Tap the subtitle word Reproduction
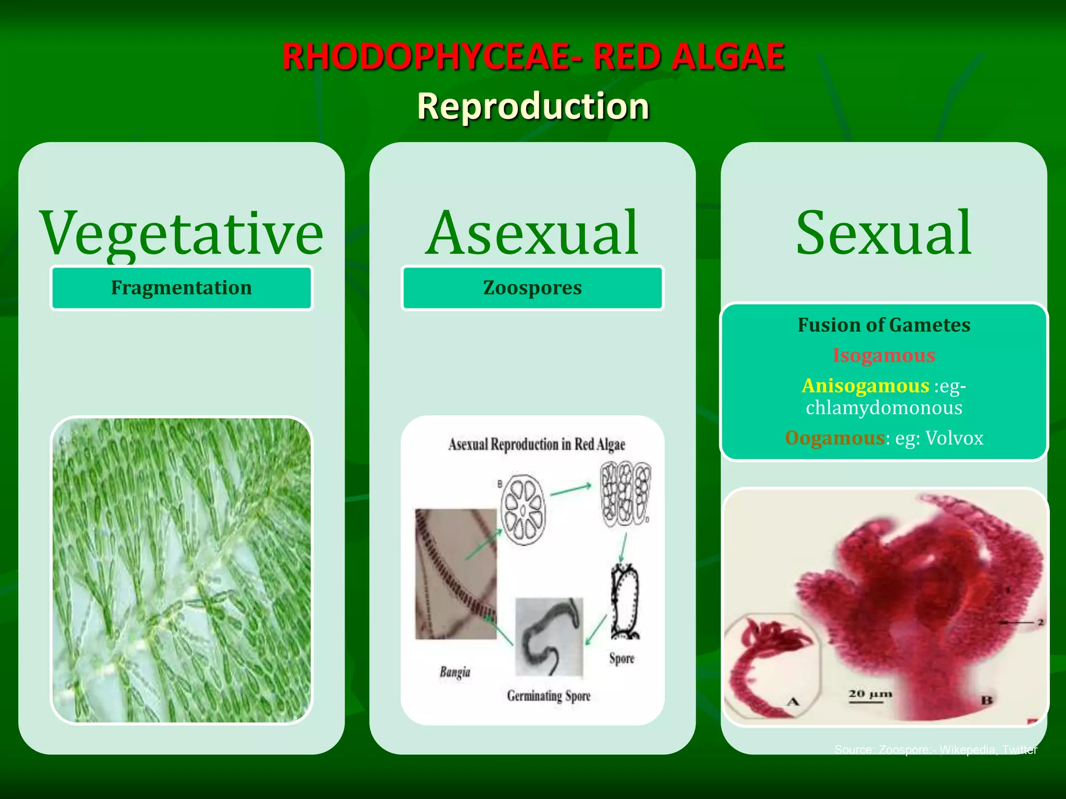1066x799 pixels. pyautogui.click(x=533, y=106)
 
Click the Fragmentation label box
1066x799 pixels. pyautogui.click(x=181, y=288)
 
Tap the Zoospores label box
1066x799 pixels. pyautogui.click(x=532, y=288)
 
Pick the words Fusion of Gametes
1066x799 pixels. pyautogui.click(x=884, y=325)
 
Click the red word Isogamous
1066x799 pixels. pyautogui.click(x=884, y=355)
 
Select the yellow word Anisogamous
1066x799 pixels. pyautogui.click(x=865, y=386)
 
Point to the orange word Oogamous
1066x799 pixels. pyautogui.click(x=834, y=438)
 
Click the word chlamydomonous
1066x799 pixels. pyautogui.click(x=884, y=407)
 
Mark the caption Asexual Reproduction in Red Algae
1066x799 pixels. pyautogui.click(x=536, y=445)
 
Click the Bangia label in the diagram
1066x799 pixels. pyautogui.click(x=454, y=672)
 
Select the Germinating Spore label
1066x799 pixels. pyautogui.click(x=549, y=696)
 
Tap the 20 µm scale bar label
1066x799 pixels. pyautogui.click(x=870, y=694)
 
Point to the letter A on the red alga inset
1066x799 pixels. pyautogui.click(x=793, y=702)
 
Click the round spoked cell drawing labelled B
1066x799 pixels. pyautogui.click(x=523, y=510)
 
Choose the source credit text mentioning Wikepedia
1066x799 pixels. pyautogui.click(x=935, y=750)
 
